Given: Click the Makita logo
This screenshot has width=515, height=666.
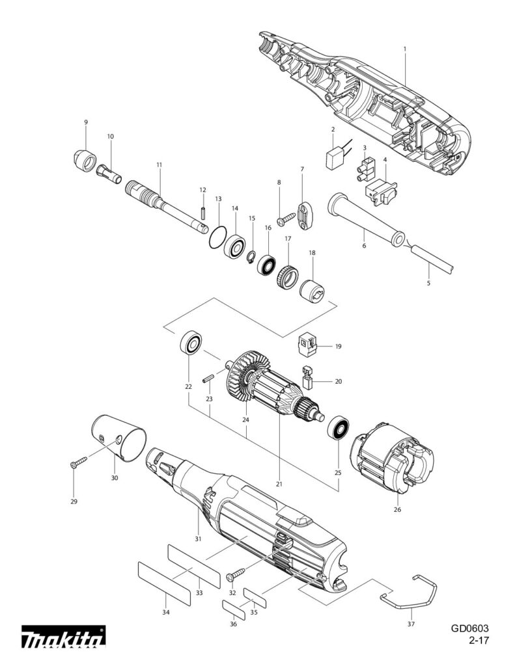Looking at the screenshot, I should click(63, 638).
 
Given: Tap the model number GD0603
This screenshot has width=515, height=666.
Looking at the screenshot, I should click(469, 628).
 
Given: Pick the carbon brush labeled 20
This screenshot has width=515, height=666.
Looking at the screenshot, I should click(307, 378).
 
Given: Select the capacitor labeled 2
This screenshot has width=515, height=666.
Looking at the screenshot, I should click(336, 158).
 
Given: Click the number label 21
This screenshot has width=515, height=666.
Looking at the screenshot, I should click(279, 485).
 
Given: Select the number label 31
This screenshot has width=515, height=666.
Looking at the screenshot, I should click(198, 539).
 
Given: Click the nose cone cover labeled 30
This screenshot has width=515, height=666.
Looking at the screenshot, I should click(118, 436).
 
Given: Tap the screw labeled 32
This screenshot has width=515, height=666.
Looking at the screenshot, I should click(235, 574).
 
